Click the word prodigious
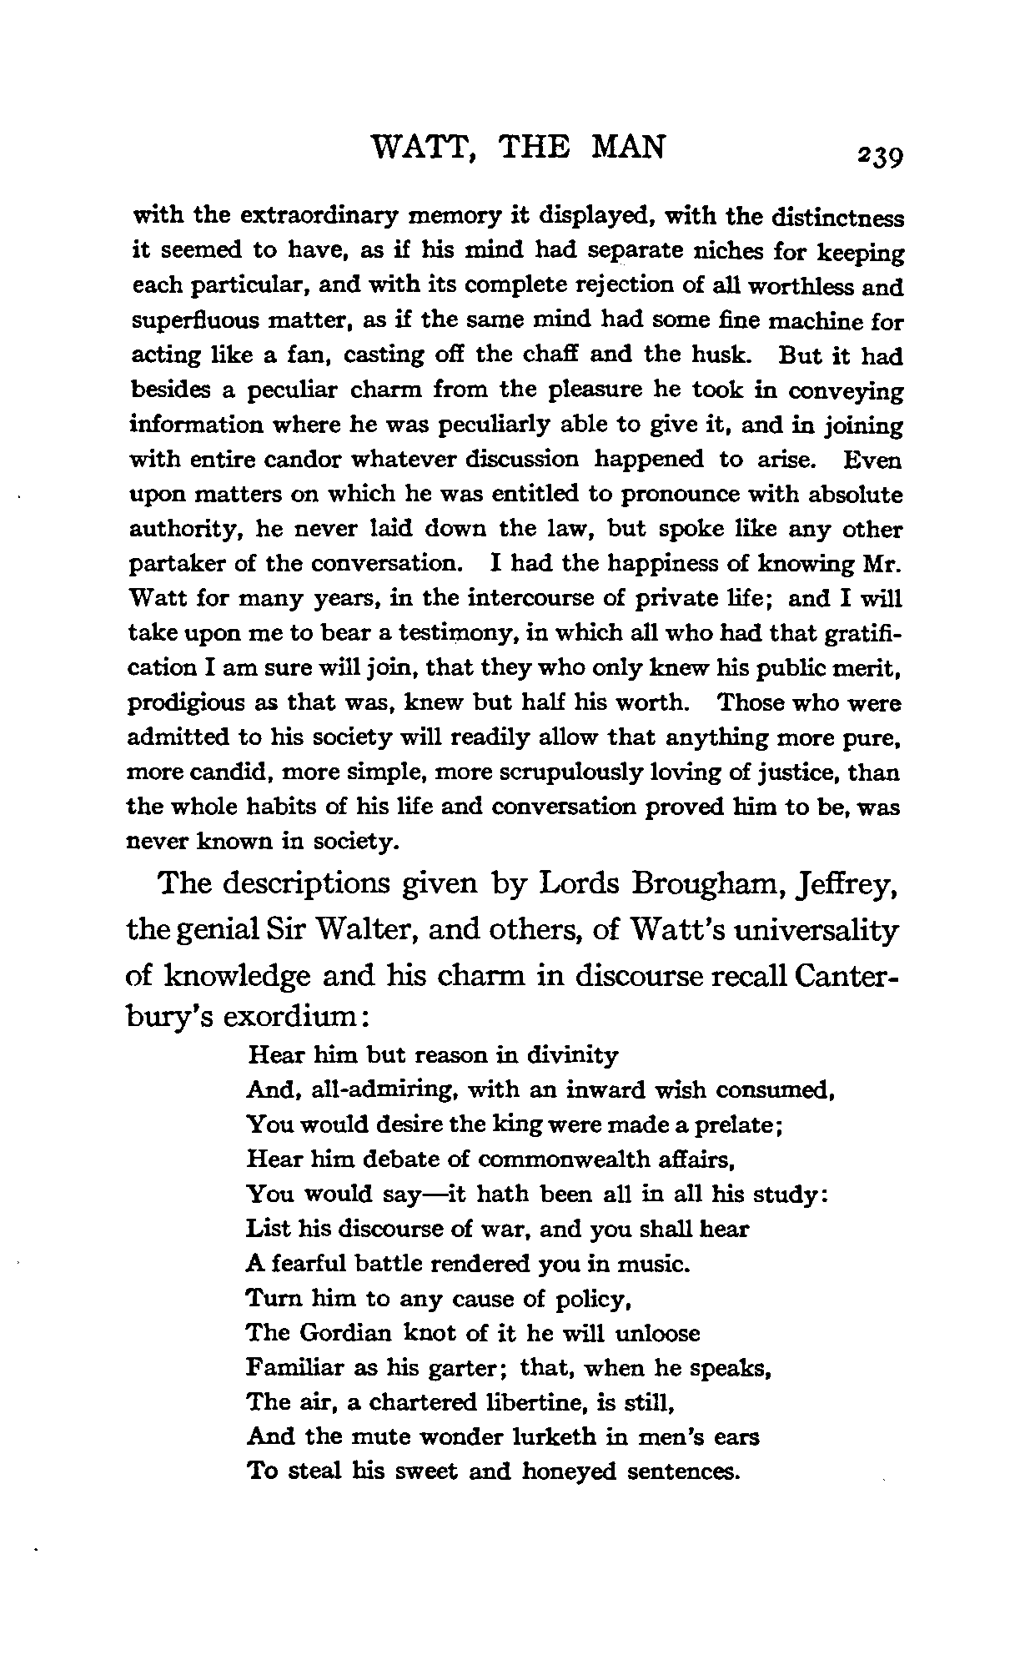[181, 704]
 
